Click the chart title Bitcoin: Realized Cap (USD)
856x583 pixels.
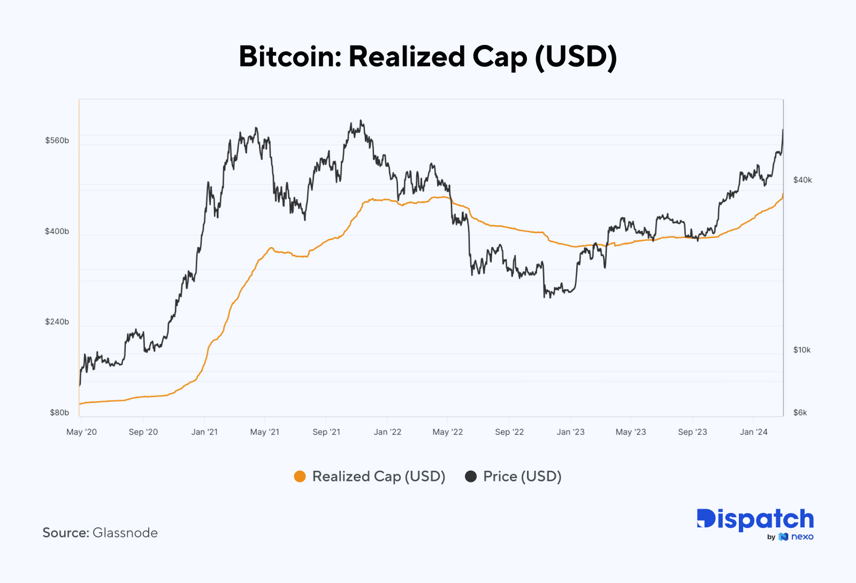click(x=427, y=57)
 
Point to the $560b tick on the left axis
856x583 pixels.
click(x=57, y=141)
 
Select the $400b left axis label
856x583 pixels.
click(x=57, y=232)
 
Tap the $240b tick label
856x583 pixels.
click(x=57, y=322)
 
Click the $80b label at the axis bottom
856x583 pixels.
click(x=59, y=412)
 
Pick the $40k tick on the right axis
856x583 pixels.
click(x=802, y=180)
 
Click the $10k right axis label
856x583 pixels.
click(x=802, y=350)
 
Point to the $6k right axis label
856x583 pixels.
click(x=800, y=412)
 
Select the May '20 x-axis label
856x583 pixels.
click(x=81, y=432)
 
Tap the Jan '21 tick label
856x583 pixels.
click(x=204, y=432)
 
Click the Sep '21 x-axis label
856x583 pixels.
click(x=326, y=432)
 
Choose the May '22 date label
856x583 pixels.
click(x=448, y=432)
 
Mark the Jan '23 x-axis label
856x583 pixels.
click(x=570, y=432)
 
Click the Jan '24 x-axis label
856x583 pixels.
click(x=753, y=432)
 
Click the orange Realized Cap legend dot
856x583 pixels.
click(x=300, y=477)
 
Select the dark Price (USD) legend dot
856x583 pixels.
click(x=471, y=477)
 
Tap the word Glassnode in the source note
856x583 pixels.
click(x=125, y=533)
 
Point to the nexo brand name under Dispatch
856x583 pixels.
click(x=802, y=536)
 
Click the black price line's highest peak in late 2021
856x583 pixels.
click(x=361, y=121)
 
